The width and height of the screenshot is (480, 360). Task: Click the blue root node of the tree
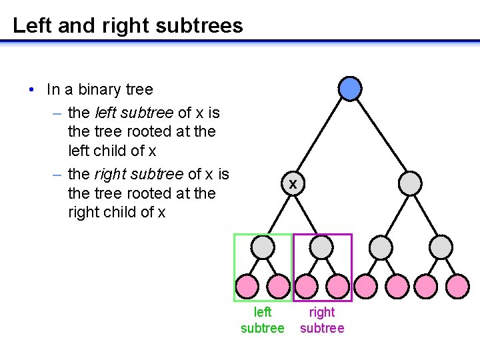(x=350, y=89)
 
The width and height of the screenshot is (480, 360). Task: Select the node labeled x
(x=292, y=184)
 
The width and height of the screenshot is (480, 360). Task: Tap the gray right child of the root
(x=410, y=183)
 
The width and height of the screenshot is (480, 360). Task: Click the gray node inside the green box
(x=263, y=248)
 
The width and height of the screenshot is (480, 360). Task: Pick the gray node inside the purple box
(x=322, y=248)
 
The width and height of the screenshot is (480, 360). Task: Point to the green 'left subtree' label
(x=263, y=320)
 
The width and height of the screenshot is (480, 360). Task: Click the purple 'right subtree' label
(x=322, y=320)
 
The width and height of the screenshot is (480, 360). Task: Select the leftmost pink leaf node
(x=247, y=287)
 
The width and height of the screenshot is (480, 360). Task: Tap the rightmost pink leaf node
(x=457, y=287)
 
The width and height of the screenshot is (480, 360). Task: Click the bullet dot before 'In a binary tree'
(x=31, y=90)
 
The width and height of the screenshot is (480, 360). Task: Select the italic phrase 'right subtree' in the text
(x=139, y=174)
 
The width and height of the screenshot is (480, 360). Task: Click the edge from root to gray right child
(x=380, y=136)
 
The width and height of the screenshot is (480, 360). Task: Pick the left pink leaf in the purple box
(x=306, y=287)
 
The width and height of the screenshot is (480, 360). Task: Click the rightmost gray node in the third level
(x=441, y=248)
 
